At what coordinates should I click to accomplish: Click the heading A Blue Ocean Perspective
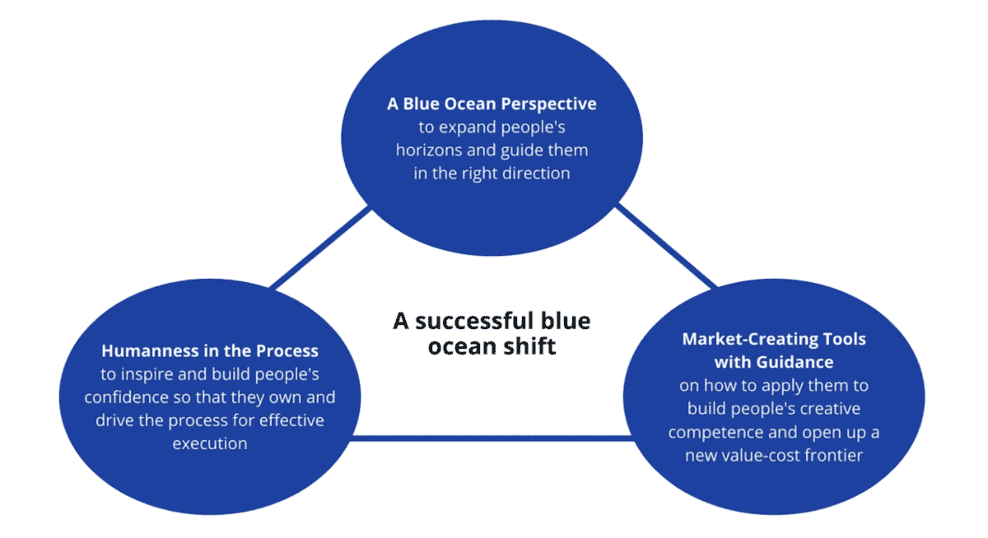pos(492,104)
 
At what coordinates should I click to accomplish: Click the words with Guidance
pos(773,362)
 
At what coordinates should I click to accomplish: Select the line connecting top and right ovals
pos(667,247)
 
